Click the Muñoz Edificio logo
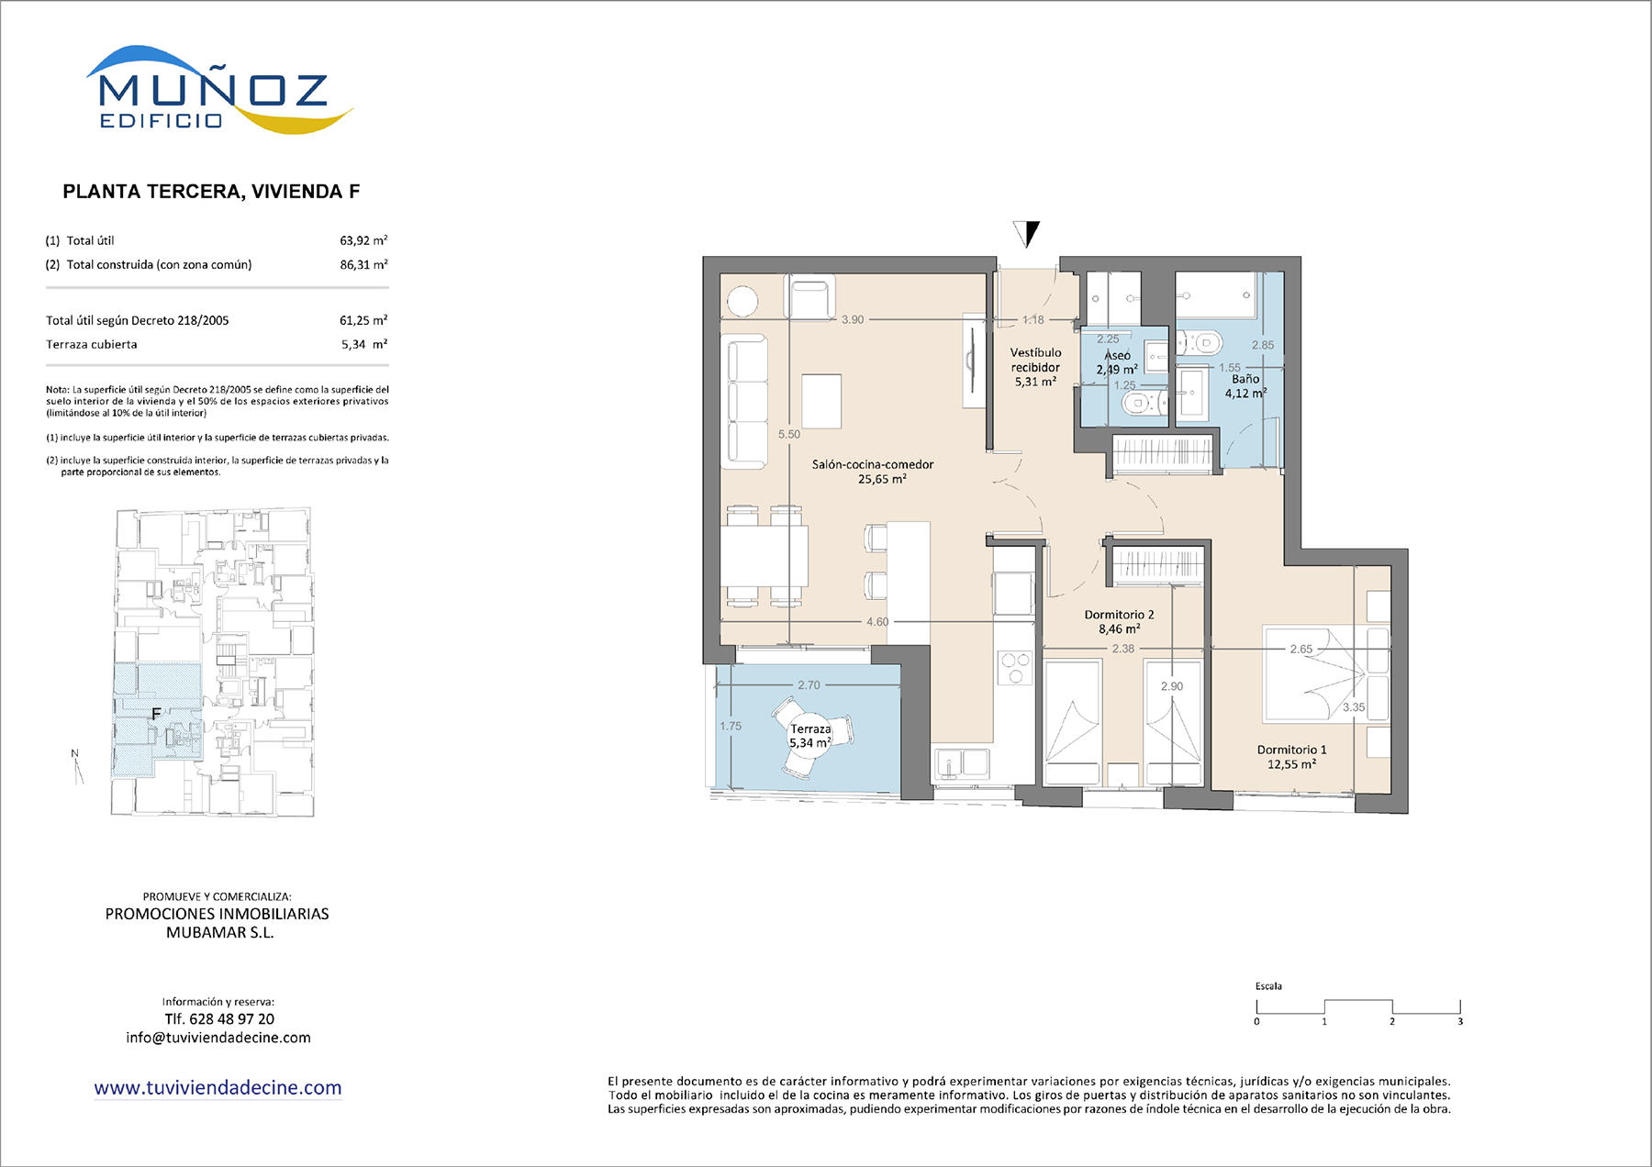pos(219,90)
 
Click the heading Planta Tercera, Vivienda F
pos(211,192)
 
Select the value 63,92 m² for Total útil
pos(363,240)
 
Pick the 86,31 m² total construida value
pos(363,264)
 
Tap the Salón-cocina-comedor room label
pos(873,472)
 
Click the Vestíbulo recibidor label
pos(1035,367)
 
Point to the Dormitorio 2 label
pos(1119,622)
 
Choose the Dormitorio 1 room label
pos(1291,757)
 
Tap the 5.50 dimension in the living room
pos(789,434)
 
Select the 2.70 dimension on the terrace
pos(809,685)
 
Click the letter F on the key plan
pos(156,714)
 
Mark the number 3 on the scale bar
pos(1459,1021)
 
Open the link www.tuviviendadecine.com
pos(218,1088)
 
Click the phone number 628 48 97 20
pos(231,1019)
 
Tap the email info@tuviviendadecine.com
pos(218,1038)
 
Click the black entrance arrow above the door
pos(1027,234)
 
